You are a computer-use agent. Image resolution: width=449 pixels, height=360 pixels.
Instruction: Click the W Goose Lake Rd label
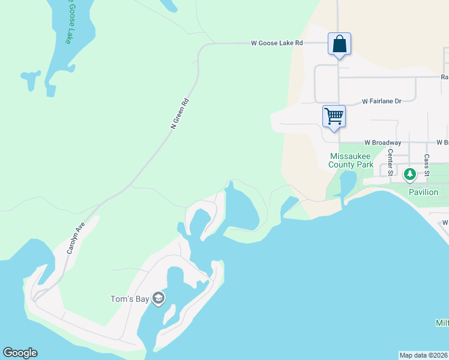(277, 43)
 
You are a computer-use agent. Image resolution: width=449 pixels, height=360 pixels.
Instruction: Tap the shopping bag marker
(339, 44)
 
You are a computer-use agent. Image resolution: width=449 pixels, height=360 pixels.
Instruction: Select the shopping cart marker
(334, 115)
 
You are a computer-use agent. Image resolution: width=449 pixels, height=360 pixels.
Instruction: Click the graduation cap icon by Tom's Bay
(158, 298)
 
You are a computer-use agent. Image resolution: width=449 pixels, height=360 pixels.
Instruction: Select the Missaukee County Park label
(351, 160)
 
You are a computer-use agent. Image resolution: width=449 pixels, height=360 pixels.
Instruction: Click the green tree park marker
(410, 175)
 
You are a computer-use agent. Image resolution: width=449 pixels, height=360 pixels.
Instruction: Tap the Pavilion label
(424, 192)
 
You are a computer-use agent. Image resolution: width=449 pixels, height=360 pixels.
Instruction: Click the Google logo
(20, 353)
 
